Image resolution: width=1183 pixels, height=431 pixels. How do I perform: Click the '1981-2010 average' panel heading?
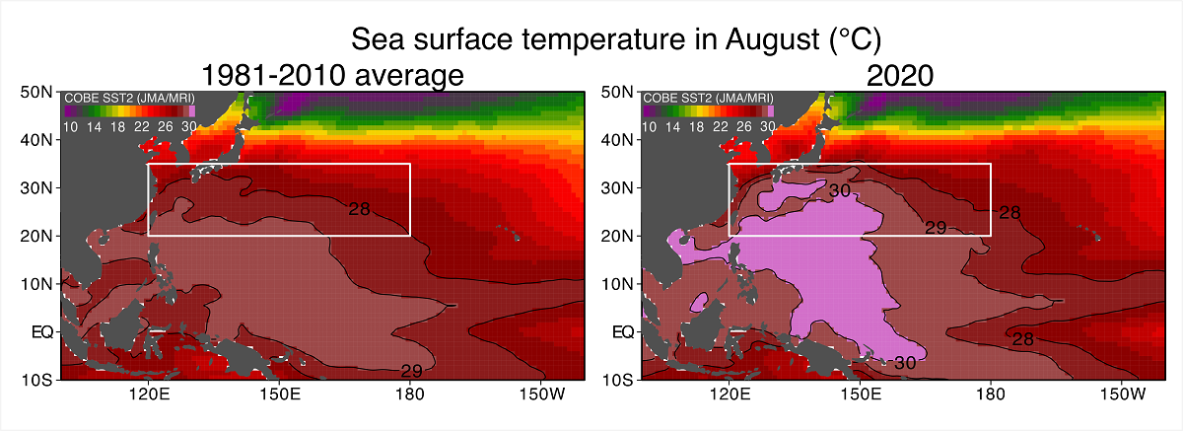tap(332, 75)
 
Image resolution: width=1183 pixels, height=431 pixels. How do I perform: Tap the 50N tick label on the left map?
tap(38, 93)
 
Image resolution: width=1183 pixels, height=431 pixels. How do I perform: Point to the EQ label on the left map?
tap(42, 332)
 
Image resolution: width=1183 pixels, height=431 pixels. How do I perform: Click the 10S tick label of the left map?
tap(38, 380)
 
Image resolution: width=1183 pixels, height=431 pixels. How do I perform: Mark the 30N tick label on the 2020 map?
tap(618, 188)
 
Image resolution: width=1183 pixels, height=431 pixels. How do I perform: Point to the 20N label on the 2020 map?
tap(618, 236)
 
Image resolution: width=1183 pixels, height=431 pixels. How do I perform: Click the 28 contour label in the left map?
tap(359, 209)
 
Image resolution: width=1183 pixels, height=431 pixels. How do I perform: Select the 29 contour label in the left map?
tap(412, 371)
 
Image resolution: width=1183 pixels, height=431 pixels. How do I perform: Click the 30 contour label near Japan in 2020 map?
tap(839, 190)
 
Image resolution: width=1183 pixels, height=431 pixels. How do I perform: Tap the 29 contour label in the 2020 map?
tap(936, 228)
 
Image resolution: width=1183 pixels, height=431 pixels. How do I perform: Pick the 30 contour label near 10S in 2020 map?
tap(905, 363)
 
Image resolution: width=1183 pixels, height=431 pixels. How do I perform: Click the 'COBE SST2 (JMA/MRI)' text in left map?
tap(115, 99)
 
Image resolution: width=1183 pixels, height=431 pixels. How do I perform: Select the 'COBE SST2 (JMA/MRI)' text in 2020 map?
tap(695, 99)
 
